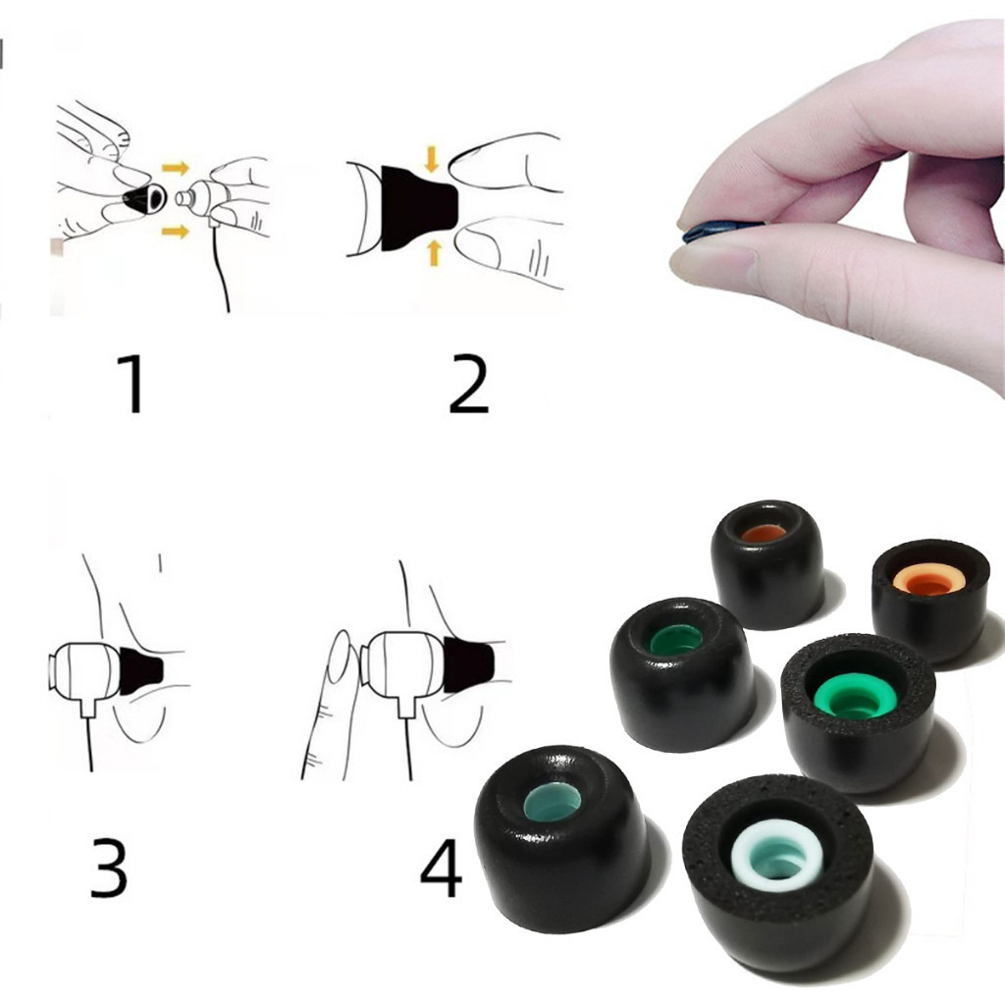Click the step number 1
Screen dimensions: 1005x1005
pos(132,384)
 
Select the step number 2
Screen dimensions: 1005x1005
pos(468,383)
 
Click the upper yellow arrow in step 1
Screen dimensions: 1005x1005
pos(175,169)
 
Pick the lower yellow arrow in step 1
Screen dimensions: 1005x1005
pos(175,231)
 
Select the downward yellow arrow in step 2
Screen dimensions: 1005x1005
pos(432,159)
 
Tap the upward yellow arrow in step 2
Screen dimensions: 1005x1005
pos(434,252)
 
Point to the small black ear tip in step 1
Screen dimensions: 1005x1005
pos(145,199)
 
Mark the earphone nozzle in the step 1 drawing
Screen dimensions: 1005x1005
pos(184,198)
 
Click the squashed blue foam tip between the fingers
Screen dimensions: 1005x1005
pos(721,230)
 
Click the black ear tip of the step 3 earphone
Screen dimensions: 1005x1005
pos(141,671)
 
